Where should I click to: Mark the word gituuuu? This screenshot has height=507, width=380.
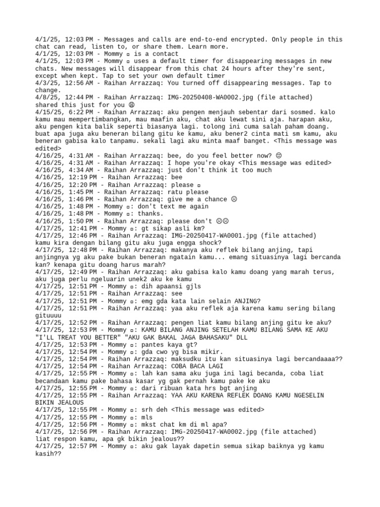coord(50,315)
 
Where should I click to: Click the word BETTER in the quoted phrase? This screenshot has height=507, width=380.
coord(97,337)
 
